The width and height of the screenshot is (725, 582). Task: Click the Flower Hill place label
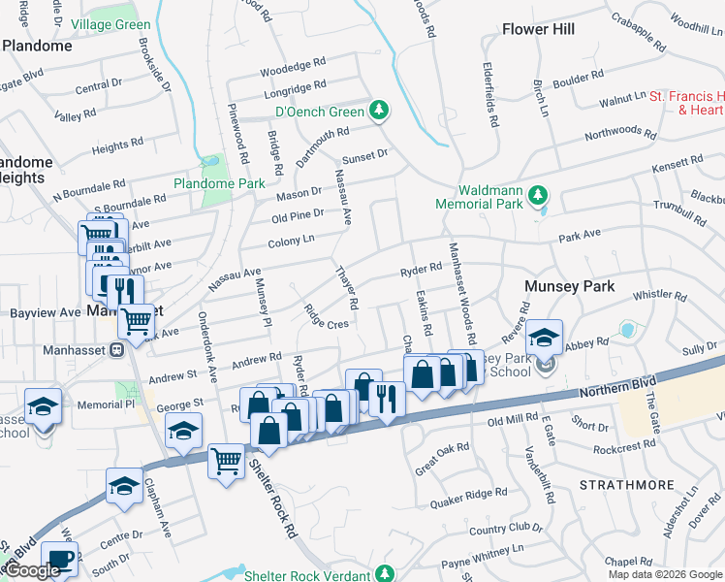(x=538, y=29)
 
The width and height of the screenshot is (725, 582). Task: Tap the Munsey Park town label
(x=564, y=287)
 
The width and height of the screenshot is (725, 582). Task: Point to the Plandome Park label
(x=219, y=183)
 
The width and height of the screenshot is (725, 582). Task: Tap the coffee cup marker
(x=60, y=561)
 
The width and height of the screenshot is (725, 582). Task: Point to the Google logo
(x=33, y=569)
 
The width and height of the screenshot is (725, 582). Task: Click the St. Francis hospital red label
(x=686, y=103)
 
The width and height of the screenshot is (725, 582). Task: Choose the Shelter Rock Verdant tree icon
(x=384, y=574)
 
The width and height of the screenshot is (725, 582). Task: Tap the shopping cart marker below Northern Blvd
(x=227, y=461)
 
